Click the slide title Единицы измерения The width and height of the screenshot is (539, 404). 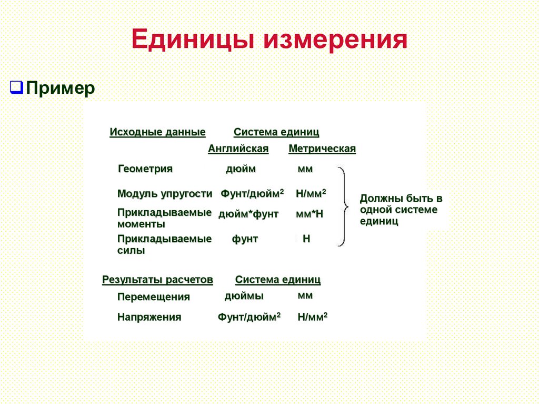coord(269,41)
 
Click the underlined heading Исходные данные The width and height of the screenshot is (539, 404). coord(157,132)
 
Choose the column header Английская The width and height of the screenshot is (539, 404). coord(238,149)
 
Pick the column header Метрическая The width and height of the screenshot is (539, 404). coord(322,149)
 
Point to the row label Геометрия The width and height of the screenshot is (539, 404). coord(145,169)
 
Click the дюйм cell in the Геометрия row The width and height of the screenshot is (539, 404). coord(241,169)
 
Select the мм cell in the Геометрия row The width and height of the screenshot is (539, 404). coord(305,169)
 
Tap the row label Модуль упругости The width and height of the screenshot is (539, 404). coord(165,194)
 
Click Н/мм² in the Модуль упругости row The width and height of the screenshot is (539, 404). coord(311,193)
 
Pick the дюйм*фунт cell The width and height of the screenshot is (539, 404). coord(248,214)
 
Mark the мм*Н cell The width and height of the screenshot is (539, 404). coord(309,214)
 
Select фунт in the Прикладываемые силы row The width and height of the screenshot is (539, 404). coord(245,239)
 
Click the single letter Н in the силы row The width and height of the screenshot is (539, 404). coord(306,239)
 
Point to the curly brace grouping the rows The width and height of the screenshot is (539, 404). coord(343,206)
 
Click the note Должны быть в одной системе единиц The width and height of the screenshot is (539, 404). coord(401,210)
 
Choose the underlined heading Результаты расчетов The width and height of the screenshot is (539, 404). coord(157,280)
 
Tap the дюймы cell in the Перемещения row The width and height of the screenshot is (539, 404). coord(244,296)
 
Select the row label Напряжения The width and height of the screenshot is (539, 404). coord(149,317)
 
